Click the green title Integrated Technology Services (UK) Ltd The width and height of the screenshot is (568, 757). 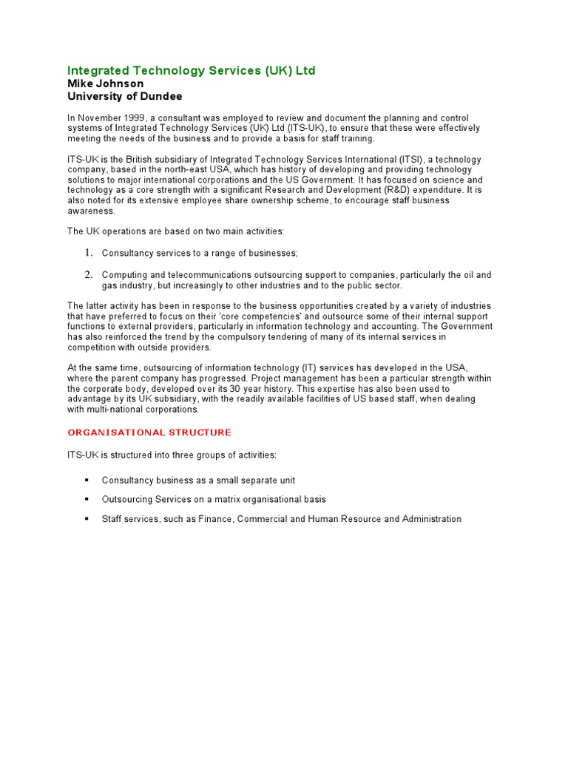pos(191,71)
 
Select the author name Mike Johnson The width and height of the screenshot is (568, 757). pos(106,84)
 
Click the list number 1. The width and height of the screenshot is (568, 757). pos(87,253)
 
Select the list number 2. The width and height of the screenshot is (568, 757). pos(87,274)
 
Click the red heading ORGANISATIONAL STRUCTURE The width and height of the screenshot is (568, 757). pos(149,432)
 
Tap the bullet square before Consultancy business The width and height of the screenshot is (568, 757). pos(87,481)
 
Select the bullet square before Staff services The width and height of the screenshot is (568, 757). pos(87,519)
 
